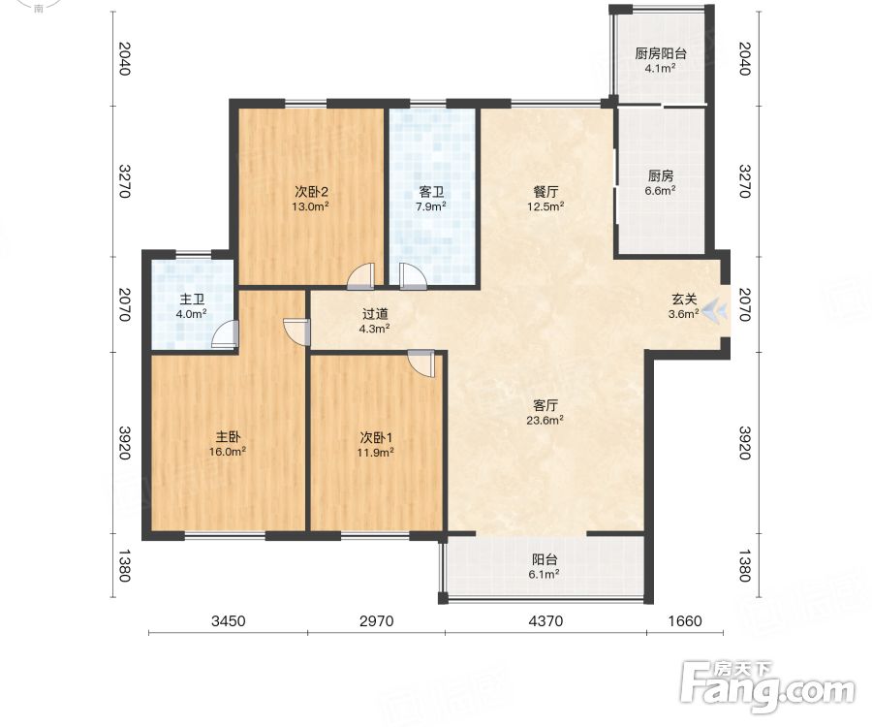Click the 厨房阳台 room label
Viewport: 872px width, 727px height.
[661, 53]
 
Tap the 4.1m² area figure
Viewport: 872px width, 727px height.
[660, 69]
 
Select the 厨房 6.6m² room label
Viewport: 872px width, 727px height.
[660, 182]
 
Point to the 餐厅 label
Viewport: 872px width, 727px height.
[545, 192]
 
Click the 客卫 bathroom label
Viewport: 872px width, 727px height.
[431, 193]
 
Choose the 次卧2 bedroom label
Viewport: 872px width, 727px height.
[311, 193]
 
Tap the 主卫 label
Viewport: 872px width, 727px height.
[192, 300]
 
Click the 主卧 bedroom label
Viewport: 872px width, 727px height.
[228, 437]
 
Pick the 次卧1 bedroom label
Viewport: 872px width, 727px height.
[376, 438]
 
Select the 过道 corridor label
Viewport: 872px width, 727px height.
[374, 314]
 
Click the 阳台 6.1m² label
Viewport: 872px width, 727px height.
[545, 566]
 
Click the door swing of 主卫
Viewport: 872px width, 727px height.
[225, 334]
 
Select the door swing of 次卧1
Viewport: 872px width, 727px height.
[421, 363]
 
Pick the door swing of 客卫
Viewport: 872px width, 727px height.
[413, 276]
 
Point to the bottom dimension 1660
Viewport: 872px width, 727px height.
[685, 620]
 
